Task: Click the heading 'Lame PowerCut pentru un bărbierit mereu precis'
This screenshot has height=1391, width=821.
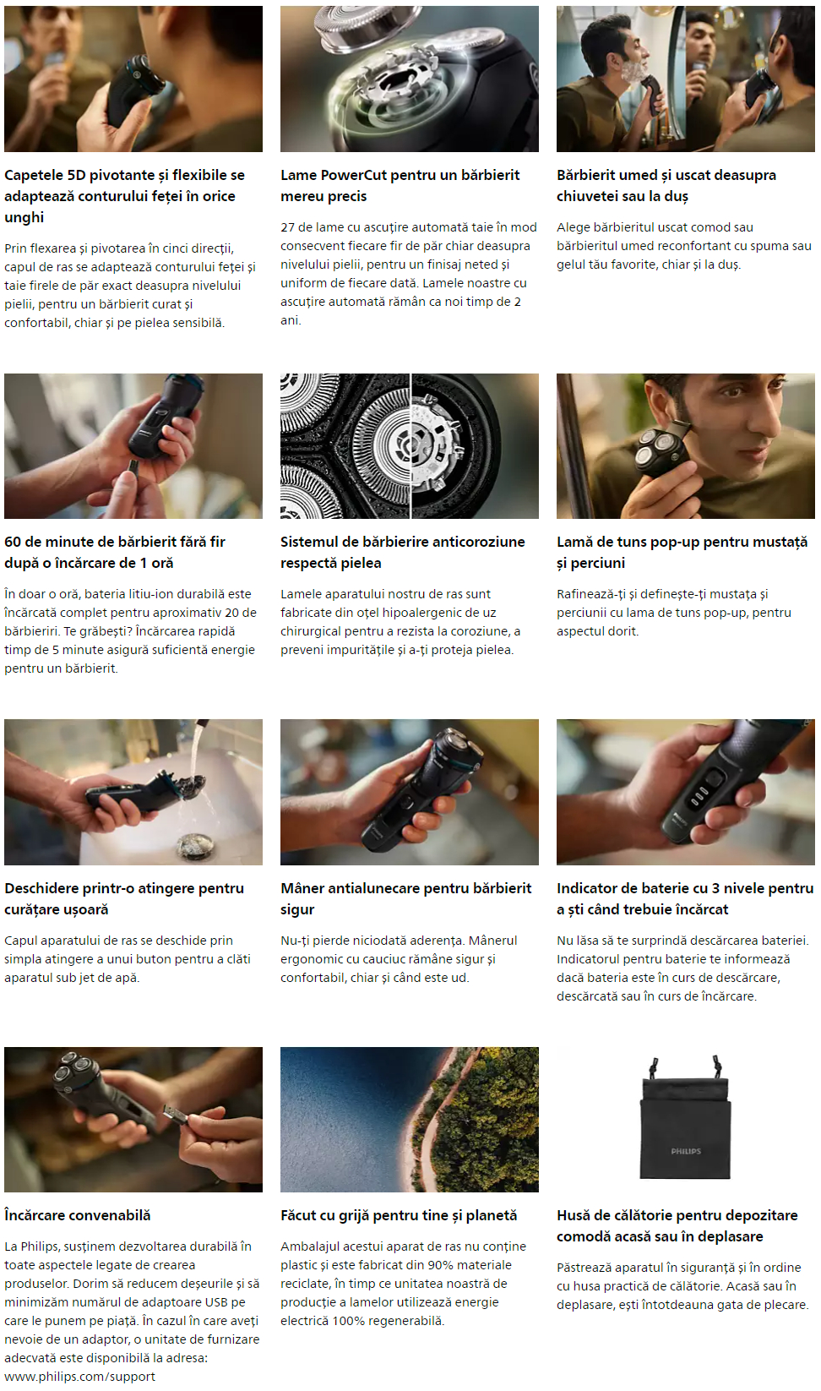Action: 400,186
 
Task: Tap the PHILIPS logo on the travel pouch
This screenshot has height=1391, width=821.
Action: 686,1151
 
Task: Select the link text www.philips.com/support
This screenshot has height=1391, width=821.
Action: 79,1377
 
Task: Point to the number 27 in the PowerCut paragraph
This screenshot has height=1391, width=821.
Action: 287,227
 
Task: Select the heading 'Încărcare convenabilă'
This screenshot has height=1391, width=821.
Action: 78,1215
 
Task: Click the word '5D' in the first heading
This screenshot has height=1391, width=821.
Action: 78,175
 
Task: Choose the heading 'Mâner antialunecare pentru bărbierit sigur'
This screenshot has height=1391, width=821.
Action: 405,898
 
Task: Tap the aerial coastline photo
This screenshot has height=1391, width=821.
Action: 410,1120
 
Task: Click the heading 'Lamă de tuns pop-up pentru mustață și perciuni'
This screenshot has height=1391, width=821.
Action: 682,552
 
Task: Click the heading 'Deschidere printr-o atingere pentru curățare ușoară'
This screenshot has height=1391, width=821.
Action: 124,898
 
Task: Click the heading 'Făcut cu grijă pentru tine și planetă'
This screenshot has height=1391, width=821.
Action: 399,1215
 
